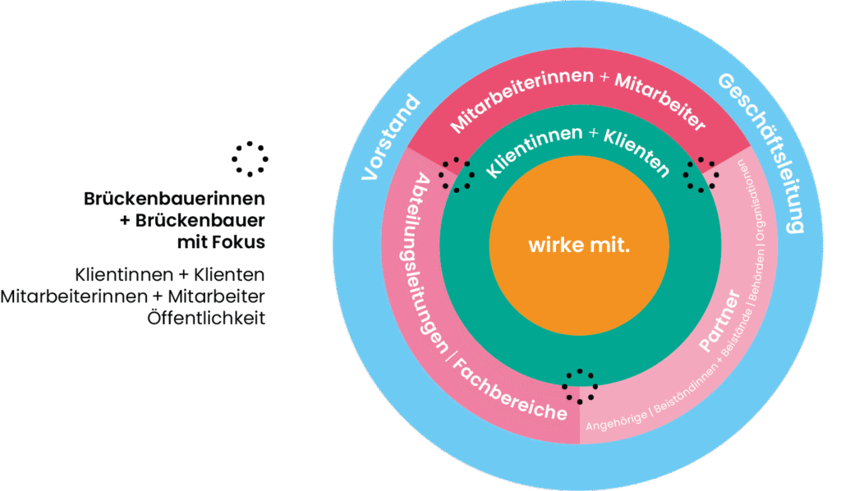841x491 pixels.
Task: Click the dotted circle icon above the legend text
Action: coord(250,158)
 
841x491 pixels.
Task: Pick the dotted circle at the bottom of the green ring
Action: coord(579,386)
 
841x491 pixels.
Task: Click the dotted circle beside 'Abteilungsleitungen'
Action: coord(455,174)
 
